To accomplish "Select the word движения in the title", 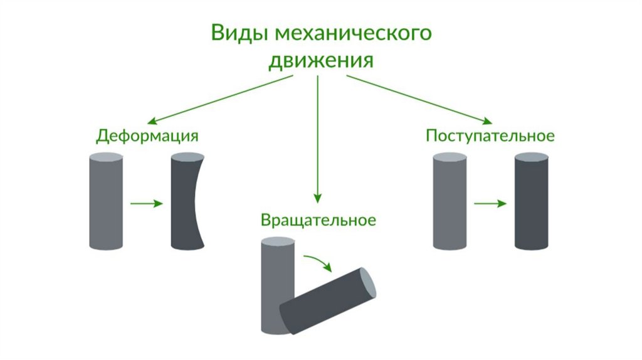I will pos(321,61).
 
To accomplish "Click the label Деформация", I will pos(147,136).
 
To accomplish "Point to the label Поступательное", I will pos(490,136).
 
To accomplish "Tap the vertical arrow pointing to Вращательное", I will pos(318,138).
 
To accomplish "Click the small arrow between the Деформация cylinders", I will pos(147,203).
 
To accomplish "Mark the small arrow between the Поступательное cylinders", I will pos(490,203).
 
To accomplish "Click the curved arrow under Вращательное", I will pos(318,262).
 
